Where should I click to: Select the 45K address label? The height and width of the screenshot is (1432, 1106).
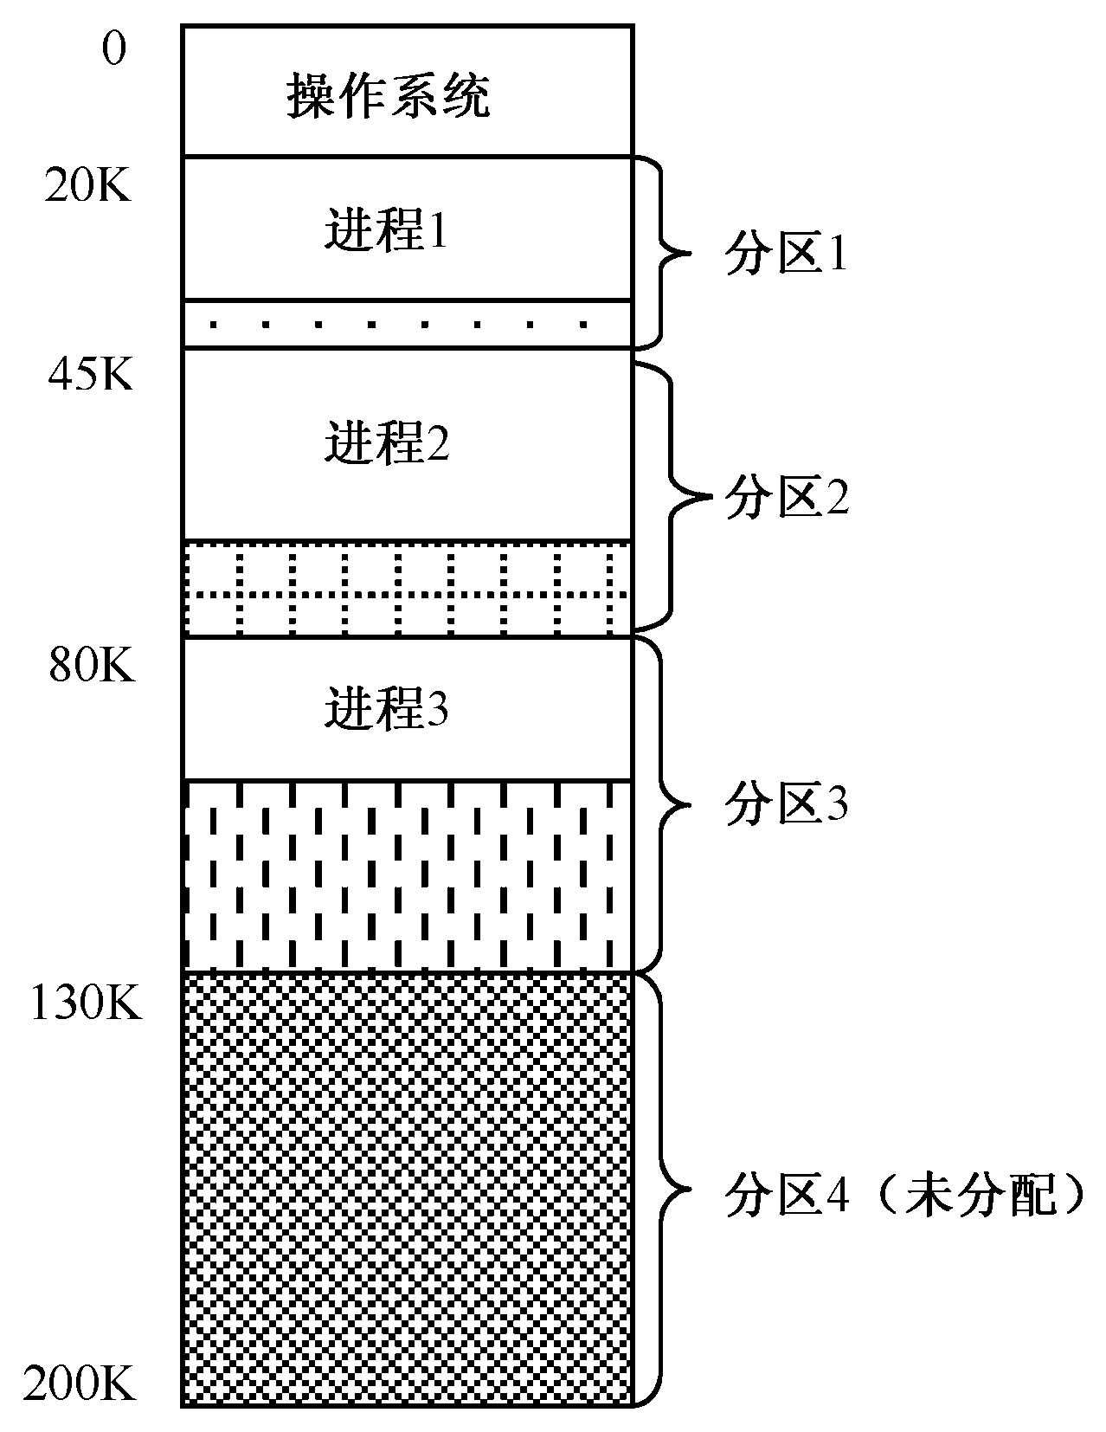(x=90, y=376)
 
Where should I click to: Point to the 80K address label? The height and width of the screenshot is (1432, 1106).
(x=91, y=666)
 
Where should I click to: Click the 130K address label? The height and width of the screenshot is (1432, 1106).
(x=85, y=1004)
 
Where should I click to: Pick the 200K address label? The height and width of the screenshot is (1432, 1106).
(x=80, y=1384)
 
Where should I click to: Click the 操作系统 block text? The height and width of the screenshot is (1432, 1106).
(x=389, y=95)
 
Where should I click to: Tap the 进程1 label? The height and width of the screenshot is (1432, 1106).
(x=387, y=231)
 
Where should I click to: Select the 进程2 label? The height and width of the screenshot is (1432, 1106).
(x=387, y=443)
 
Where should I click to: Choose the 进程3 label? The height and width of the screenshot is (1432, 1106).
(x=387, y=710)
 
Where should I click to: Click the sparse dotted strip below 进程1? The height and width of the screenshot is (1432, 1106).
(x=407, y=325)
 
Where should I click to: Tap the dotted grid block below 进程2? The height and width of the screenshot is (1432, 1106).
(x=407, y=589)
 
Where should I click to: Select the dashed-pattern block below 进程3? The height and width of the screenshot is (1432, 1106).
(x=407, y=874)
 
